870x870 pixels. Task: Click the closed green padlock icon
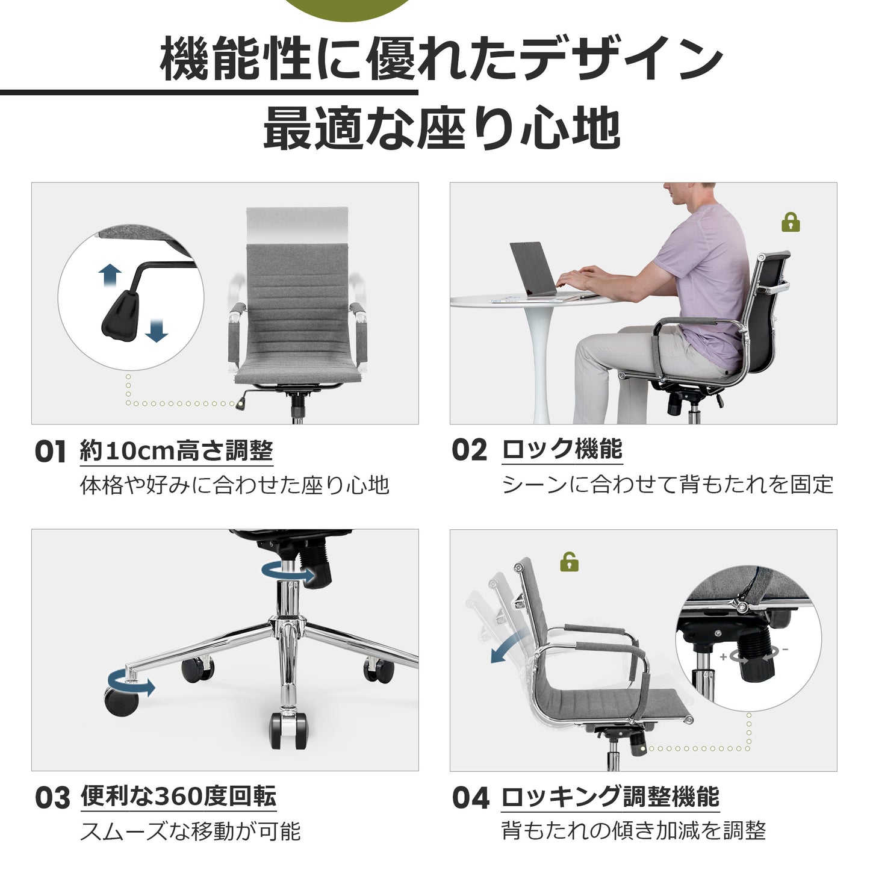pos(791,222)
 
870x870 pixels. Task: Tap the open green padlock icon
pos(569,562)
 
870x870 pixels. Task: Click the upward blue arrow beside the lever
pos(110,276)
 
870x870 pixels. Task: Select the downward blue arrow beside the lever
pos(157,331)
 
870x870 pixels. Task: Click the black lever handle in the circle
pos(120,316)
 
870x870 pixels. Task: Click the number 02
pos(469,450)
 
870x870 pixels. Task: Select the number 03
pos(52,798)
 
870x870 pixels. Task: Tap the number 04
pos(470,798)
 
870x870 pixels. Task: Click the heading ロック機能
pos(562,449)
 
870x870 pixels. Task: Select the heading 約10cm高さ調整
pos(176,450)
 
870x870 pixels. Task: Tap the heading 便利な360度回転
pos(178,796)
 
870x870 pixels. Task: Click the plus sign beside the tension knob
pos(723,656)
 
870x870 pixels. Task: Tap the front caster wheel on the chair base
pos(288,730)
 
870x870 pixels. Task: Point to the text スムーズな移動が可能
pos(190,831)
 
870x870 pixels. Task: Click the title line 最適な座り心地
pos(441,128)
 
